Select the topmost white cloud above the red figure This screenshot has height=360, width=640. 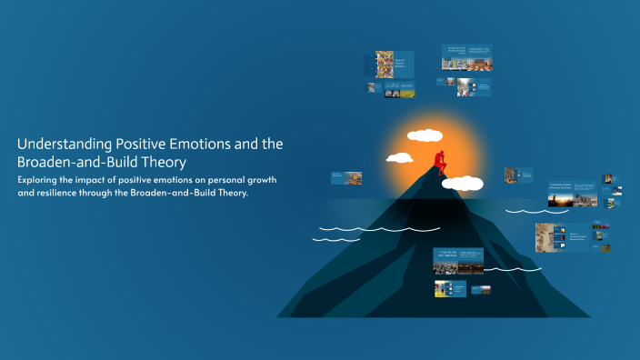pyautogui.click(x=425, y=137)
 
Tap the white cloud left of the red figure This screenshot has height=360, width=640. pyautogui.click(x=400, y=158)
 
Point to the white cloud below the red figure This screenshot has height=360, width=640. pyautogui.click(x=463, y=183)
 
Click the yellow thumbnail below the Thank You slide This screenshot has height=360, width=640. pyautogui.click(x=445, y=288)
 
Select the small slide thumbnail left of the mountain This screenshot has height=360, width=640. pyautogui.click(x=346, y=178)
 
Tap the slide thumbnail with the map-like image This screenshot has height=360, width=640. pyautogui.click(x=550, y=237)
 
